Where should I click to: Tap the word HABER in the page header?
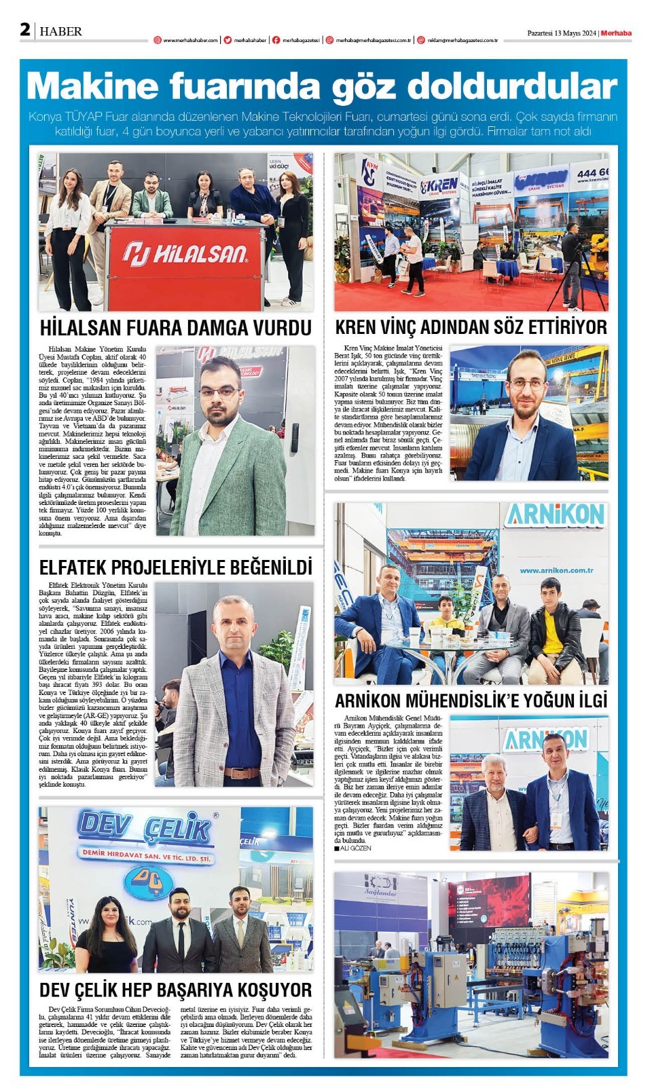(x=60, y=31)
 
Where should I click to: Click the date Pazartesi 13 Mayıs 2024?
(x=561, y=33)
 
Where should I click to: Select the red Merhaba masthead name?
(x=616, y=33)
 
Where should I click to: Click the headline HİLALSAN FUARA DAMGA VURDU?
(x=175, y=328)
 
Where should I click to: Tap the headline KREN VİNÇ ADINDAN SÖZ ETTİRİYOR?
(x=471, y=327)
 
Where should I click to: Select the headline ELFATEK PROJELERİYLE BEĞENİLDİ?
(x=175, y=567)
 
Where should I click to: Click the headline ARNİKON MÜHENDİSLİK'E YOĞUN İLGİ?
(x=471, y=700)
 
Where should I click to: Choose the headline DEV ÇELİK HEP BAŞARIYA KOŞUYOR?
(x=175, y=990)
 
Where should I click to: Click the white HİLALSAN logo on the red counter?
(x=185, y=254)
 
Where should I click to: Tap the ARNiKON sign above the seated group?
(x=555, y=515)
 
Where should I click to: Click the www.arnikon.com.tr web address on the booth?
(x=556, y=570)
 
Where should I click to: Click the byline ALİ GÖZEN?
(x=355, y=848)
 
